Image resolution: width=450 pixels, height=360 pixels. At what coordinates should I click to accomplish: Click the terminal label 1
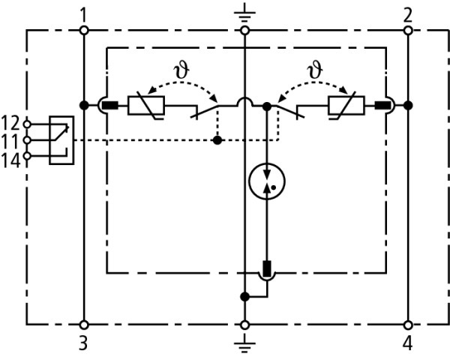click(x=84, y=14)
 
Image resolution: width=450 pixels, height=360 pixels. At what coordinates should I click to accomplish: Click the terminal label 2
click(x=407, y=14)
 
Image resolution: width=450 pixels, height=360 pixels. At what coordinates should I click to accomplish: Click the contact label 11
click(x=11, y=139)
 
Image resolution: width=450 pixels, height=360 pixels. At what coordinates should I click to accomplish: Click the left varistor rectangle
click(x=147, y=105)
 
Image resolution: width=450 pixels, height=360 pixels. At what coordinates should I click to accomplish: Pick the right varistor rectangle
click(x=346, y=105)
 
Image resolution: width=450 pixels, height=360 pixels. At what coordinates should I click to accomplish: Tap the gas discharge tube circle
click(x=266, y=180)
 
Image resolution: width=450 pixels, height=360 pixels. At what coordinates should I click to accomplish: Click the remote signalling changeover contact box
click(x=60, y=139)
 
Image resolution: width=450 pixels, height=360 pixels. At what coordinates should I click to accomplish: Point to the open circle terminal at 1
click(x=84, y=30)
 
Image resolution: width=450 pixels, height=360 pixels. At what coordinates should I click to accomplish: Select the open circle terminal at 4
click(x=407, y=325)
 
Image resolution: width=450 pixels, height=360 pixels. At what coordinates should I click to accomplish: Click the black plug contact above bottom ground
click(x=266, y=268)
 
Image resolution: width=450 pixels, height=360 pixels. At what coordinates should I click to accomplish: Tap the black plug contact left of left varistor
click(x=111, y=105)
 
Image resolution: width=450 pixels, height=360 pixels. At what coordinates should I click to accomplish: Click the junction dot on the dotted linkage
click(x=217, y=139)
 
